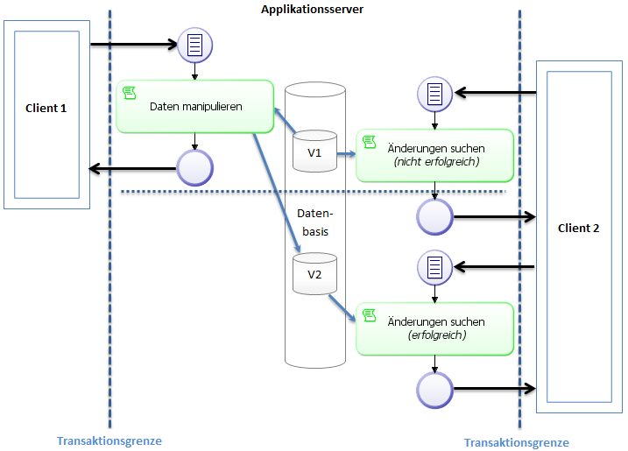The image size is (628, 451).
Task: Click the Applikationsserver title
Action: coord(313,9)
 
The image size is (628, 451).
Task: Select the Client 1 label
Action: coord(46,108)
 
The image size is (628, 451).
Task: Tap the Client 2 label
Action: coord(578,229)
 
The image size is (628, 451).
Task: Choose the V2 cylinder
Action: coord(314,274)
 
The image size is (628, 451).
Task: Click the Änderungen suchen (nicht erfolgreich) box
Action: coord(434,155)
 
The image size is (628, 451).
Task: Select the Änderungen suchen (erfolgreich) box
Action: coord(434,328)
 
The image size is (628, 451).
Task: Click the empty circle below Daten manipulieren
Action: coord(194,167)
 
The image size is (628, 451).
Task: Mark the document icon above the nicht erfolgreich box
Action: coord(434,93)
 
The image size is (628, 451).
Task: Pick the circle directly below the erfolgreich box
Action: coord(434,389)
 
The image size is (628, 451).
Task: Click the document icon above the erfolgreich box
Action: coord(434,266)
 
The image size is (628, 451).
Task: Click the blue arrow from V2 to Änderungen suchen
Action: coord(342,307)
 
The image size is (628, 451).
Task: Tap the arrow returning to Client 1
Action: coord(131,167)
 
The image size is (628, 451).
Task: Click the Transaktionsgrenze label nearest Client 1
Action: coord(109,440)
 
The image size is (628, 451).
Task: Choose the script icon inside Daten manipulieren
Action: coord(130,93)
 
